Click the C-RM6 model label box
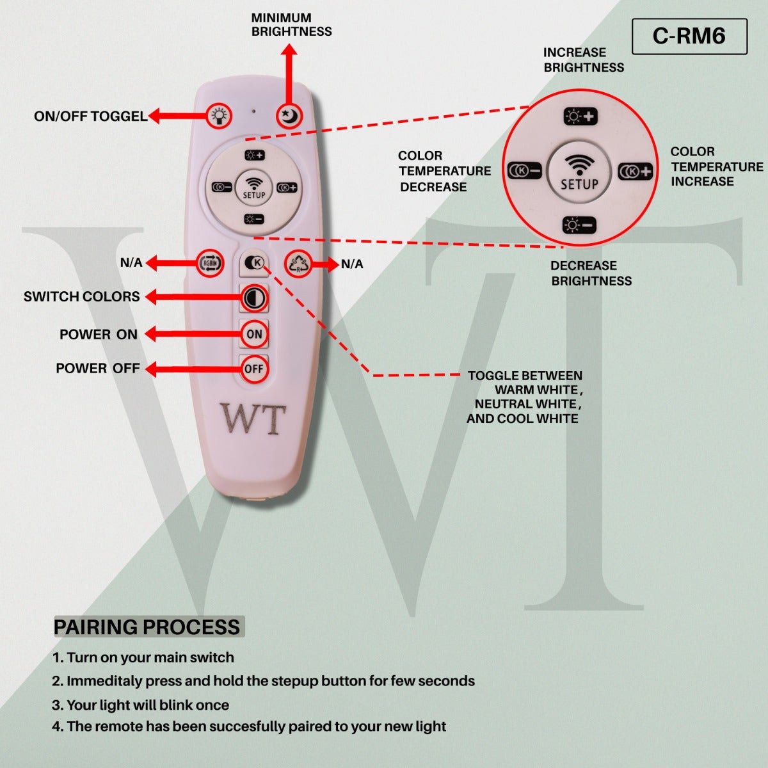(689, 36)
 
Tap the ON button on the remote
(254, 333)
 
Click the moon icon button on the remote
(289, 116)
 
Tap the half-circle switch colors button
(254, 298)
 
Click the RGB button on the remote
(210, 263)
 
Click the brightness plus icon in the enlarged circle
(580, 117)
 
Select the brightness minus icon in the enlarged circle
(579, 225)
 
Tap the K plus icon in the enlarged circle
(635, 172)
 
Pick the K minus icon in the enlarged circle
(525, 171)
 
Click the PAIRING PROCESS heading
(147, 627)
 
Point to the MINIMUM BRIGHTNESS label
(291, 25)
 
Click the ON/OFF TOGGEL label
(90, 116)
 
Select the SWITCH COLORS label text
(81, 296)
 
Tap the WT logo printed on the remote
(253, 419)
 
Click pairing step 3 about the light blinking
(141, 705)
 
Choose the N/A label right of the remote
(352, 264)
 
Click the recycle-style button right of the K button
(298, 263)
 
